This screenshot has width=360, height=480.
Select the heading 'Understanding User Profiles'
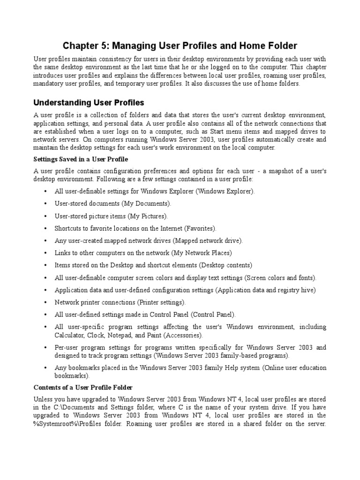coord(89,102)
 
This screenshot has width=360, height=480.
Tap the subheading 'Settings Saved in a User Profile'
coord(81,159)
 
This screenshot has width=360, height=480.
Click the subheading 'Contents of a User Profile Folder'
coord(83,387)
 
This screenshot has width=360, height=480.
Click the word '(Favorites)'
coord(201,228)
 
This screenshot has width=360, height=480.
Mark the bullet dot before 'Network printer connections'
coord(45,302)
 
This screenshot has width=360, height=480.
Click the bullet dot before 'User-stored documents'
coord(45,204)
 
